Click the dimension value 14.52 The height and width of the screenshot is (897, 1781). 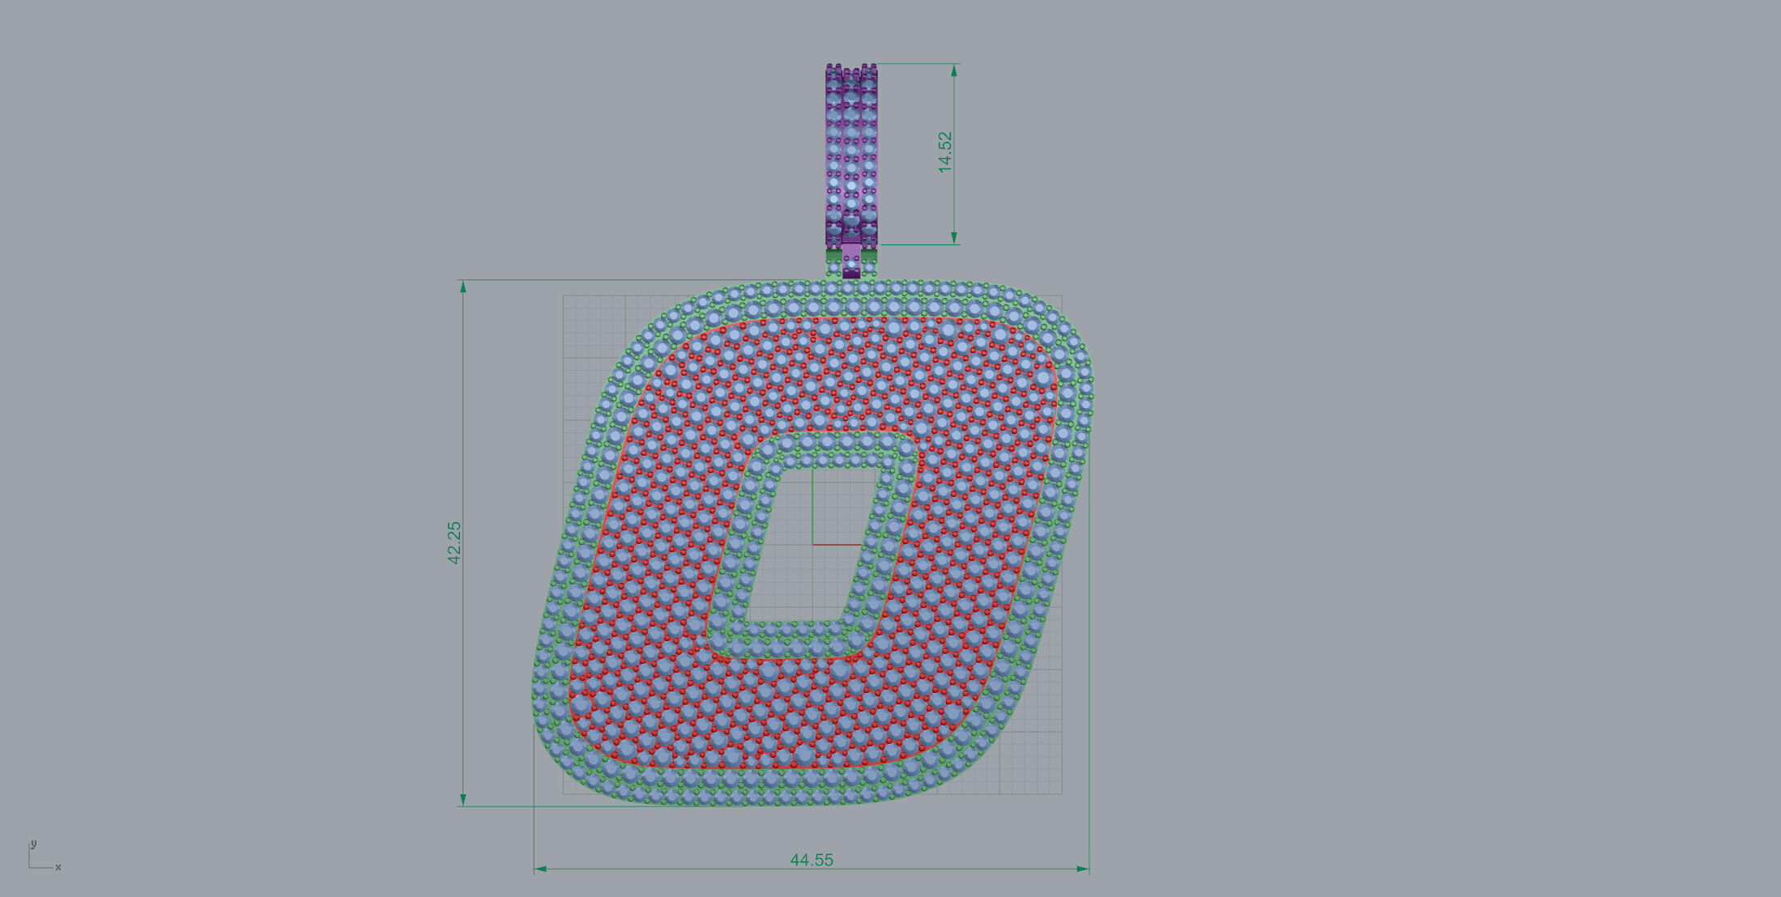pyautogui.click(x=944, y=152)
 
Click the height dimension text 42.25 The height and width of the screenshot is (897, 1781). pyautogui.click(x=454, y=542)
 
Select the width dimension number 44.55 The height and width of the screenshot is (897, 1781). pyautogui.click(x=812, y=860)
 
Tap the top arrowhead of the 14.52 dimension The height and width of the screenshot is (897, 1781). pyautogui.click(x=954, y=70)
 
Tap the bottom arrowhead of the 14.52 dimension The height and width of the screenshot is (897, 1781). pyautogui.click(x=954, y=238)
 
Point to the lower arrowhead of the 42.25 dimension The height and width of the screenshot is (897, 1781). pyautogui.click(x=463, y=799)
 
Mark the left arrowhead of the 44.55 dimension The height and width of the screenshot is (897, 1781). pyautogui.click(x=541, y=869)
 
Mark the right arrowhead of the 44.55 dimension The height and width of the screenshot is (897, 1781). pyautogui.click(x=1082, y=869)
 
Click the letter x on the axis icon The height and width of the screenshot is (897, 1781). pyautogui.click(x=58, y=867)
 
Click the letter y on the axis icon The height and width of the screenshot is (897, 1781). pyautogui.click(x=33, y=844)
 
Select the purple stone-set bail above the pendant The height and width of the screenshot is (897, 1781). pyautogui.click(x=851, y=154)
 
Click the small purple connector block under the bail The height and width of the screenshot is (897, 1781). pyautogui.click(x=851, y=261)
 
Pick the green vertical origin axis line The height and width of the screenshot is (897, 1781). pyautogui.click(x=812, y=506)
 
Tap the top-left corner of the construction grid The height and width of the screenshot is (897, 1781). pyautogui.click(x=564, y=295)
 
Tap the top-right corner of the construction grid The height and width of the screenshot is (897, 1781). pyautogui.click(x=1062, y=295)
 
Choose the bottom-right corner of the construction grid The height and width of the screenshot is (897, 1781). pyautogui.click(x=1062, y=793)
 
